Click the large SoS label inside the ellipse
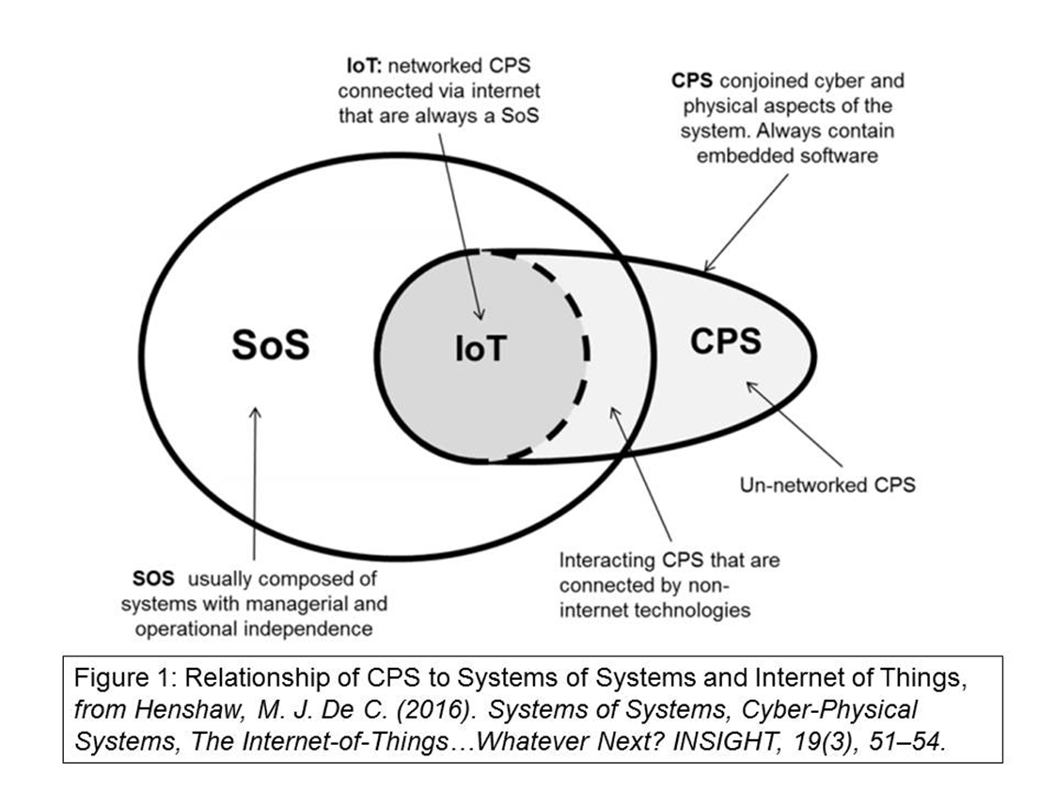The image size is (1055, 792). pos(270,345)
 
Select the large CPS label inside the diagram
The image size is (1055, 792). pos(726,340)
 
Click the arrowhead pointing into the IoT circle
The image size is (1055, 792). pos(479,316)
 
